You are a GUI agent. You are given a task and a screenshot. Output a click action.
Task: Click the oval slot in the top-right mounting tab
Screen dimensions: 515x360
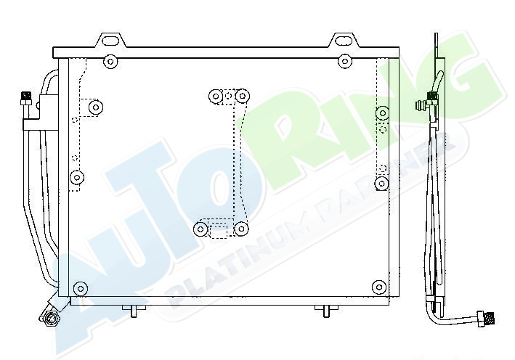344,41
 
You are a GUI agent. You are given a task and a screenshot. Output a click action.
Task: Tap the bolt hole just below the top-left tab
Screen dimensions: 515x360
110,62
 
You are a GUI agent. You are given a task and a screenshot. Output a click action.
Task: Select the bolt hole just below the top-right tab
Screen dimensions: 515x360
344,61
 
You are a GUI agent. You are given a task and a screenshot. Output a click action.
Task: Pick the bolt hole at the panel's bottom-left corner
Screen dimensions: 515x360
80,289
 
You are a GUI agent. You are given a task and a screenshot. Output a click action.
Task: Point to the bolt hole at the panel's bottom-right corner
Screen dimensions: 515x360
379,286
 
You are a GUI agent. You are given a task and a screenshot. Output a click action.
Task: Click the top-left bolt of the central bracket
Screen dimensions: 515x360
216,96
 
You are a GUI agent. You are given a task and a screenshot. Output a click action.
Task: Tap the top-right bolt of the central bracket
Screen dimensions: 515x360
242,96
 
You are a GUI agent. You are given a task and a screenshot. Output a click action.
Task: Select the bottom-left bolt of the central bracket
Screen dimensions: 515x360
200,229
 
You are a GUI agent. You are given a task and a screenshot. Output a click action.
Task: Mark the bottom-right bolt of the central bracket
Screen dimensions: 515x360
241,229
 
